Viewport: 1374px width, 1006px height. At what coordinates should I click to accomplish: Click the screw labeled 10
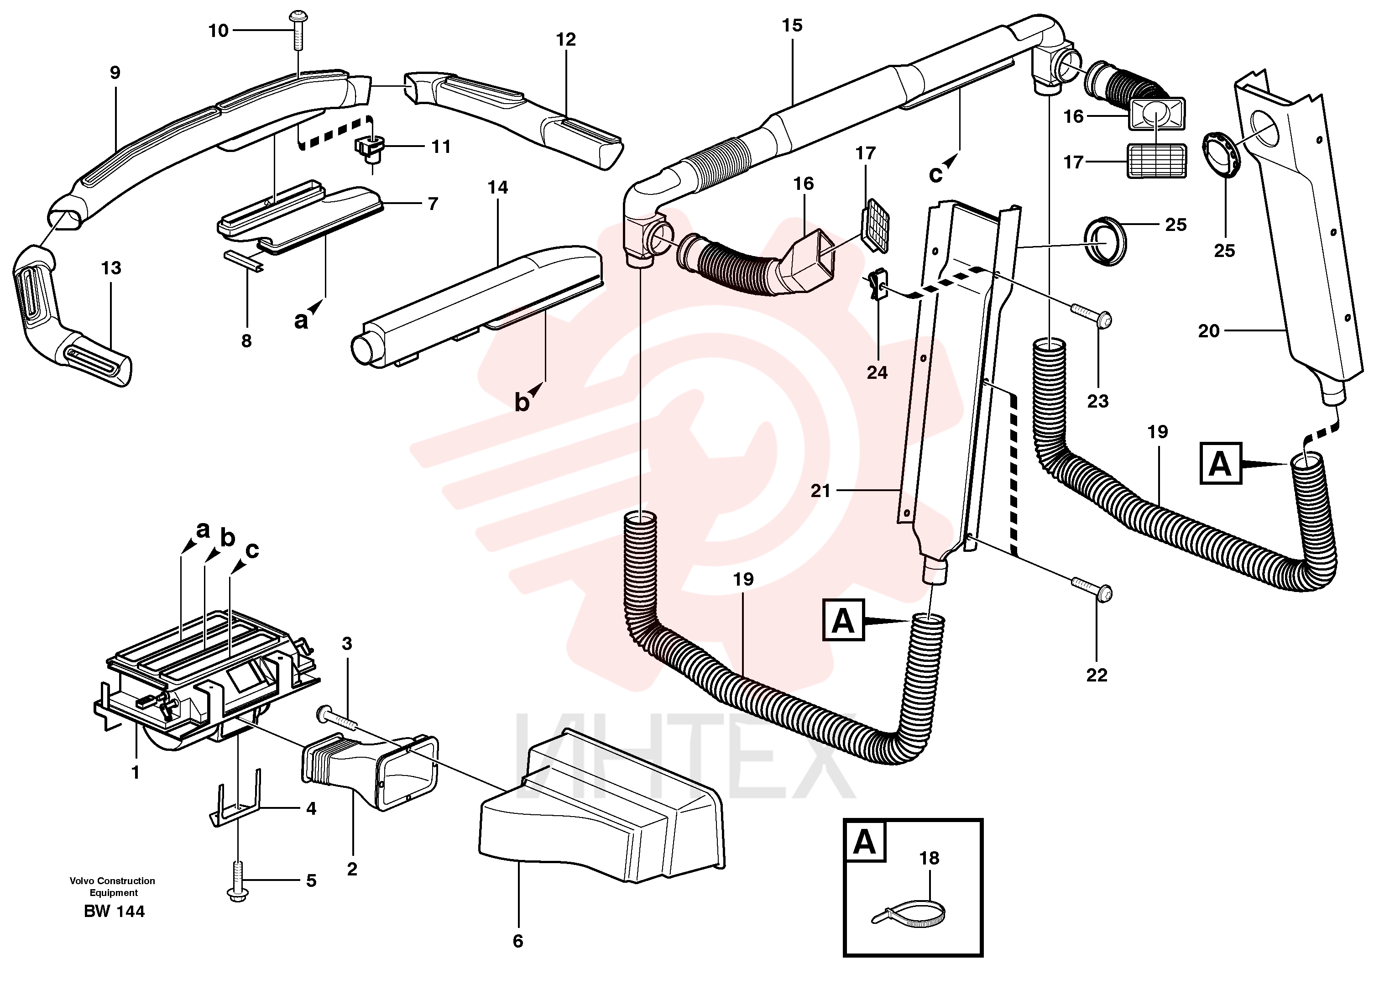point(298,31)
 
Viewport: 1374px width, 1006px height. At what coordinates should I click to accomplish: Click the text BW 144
point(115,912)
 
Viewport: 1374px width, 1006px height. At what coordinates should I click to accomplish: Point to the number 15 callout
point(792,26)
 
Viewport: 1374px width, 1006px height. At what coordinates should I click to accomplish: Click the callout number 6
point(517,942)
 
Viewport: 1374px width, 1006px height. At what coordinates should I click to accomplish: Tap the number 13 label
point(111,268)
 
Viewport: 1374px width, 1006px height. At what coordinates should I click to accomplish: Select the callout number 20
point(1208,331)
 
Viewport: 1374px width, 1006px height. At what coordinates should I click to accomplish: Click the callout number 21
point(820,490)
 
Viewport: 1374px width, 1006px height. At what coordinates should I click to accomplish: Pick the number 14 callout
point(497,188)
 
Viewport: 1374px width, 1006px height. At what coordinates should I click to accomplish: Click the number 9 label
point(115,73)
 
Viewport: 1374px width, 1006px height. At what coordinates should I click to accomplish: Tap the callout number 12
point(565,40)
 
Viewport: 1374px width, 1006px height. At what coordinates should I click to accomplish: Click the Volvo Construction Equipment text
point(113,887)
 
